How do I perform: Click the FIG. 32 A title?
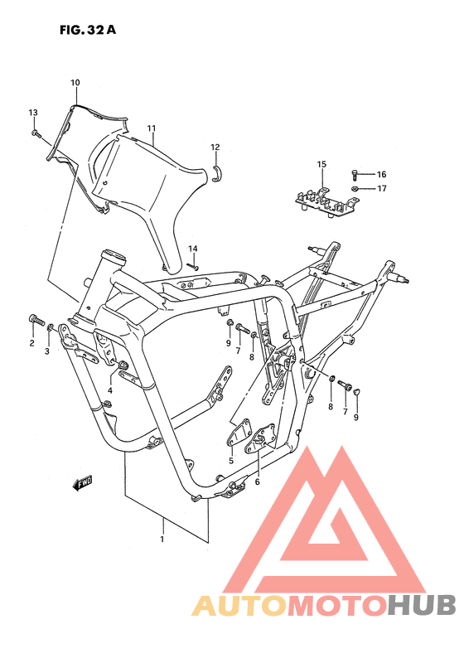click(x=87, y=30)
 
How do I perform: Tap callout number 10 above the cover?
click(x=75, y=83)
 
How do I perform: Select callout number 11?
click(x=152, y=128)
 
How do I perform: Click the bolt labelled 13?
click(x=36, y=133)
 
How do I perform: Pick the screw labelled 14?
click(x=193, y=267)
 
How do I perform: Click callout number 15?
click(x=321, y=164)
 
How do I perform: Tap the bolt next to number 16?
click(x=354, y=175)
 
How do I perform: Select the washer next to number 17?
click(x=355, y=188)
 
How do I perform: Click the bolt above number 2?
click(x=36, y=320)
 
